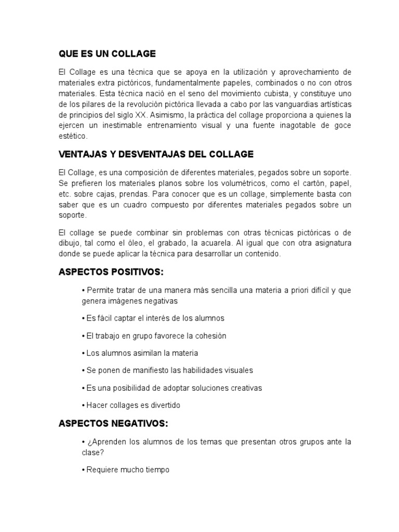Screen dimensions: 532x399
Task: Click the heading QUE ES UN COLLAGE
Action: [107, 54]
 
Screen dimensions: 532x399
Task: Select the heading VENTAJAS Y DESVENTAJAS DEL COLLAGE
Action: [156, 154]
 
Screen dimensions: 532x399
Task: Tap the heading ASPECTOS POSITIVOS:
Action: [111, 272]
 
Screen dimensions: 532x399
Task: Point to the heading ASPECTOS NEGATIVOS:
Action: [113, 424]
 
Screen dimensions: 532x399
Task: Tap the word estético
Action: [74, 137]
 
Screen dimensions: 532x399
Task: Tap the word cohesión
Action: [209, 336]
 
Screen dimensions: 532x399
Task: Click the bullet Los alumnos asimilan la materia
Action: [140, 353]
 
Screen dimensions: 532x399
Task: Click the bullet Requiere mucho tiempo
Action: [125, 470]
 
